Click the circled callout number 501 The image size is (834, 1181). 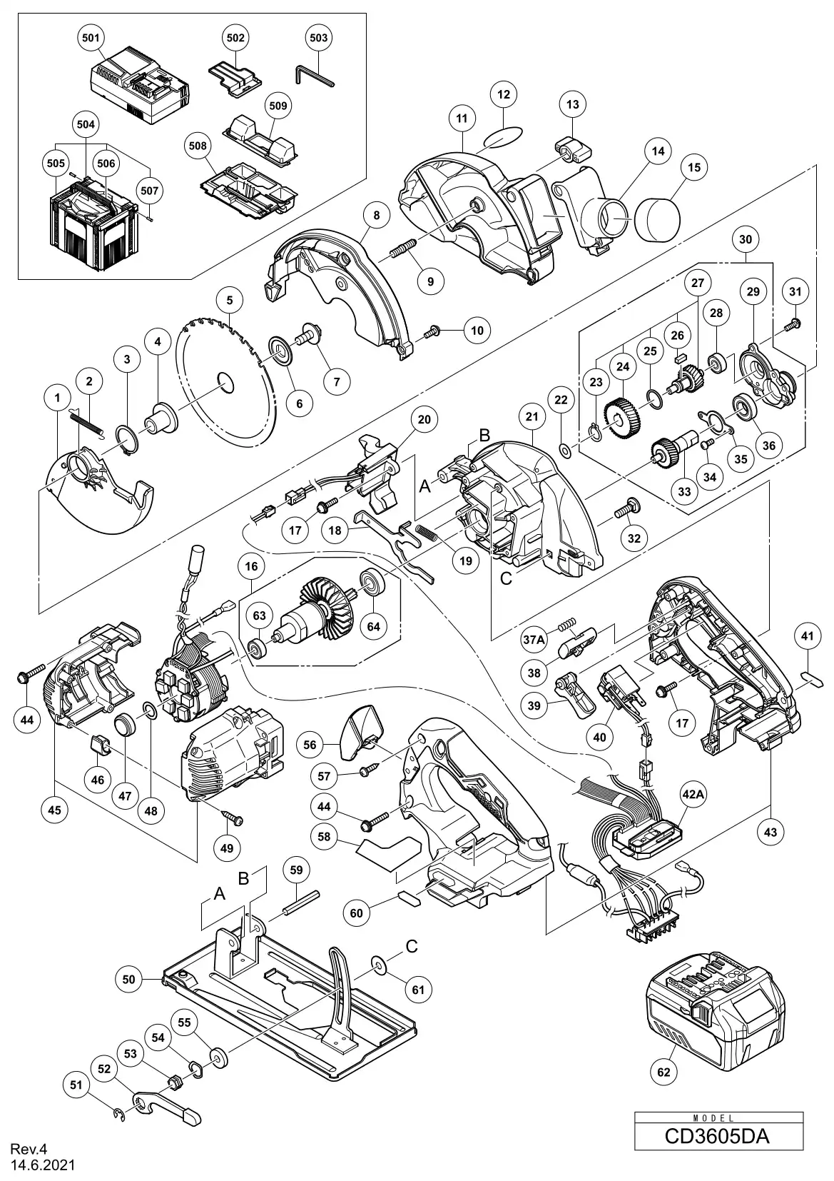point(91,37)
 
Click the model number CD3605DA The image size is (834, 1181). point(717,1135)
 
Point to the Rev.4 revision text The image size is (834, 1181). point(28,1150)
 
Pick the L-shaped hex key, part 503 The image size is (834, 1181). point(315,75)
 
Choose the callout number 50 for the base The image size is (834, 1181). point(128,980)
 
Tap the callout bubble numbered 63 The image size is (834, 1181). point(259,615)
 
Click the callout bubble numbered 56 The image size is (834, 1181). point(310,744)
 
